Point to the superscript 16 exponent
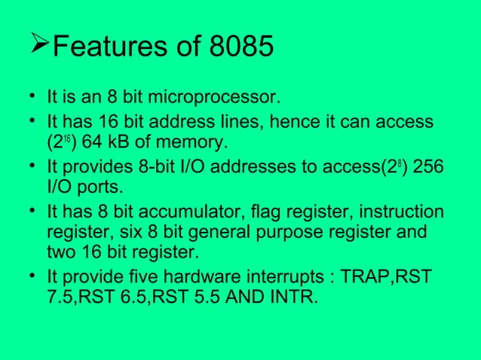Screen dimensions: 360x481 click(67, 139)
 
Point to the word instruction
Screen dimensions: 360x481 click(403, 212)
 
